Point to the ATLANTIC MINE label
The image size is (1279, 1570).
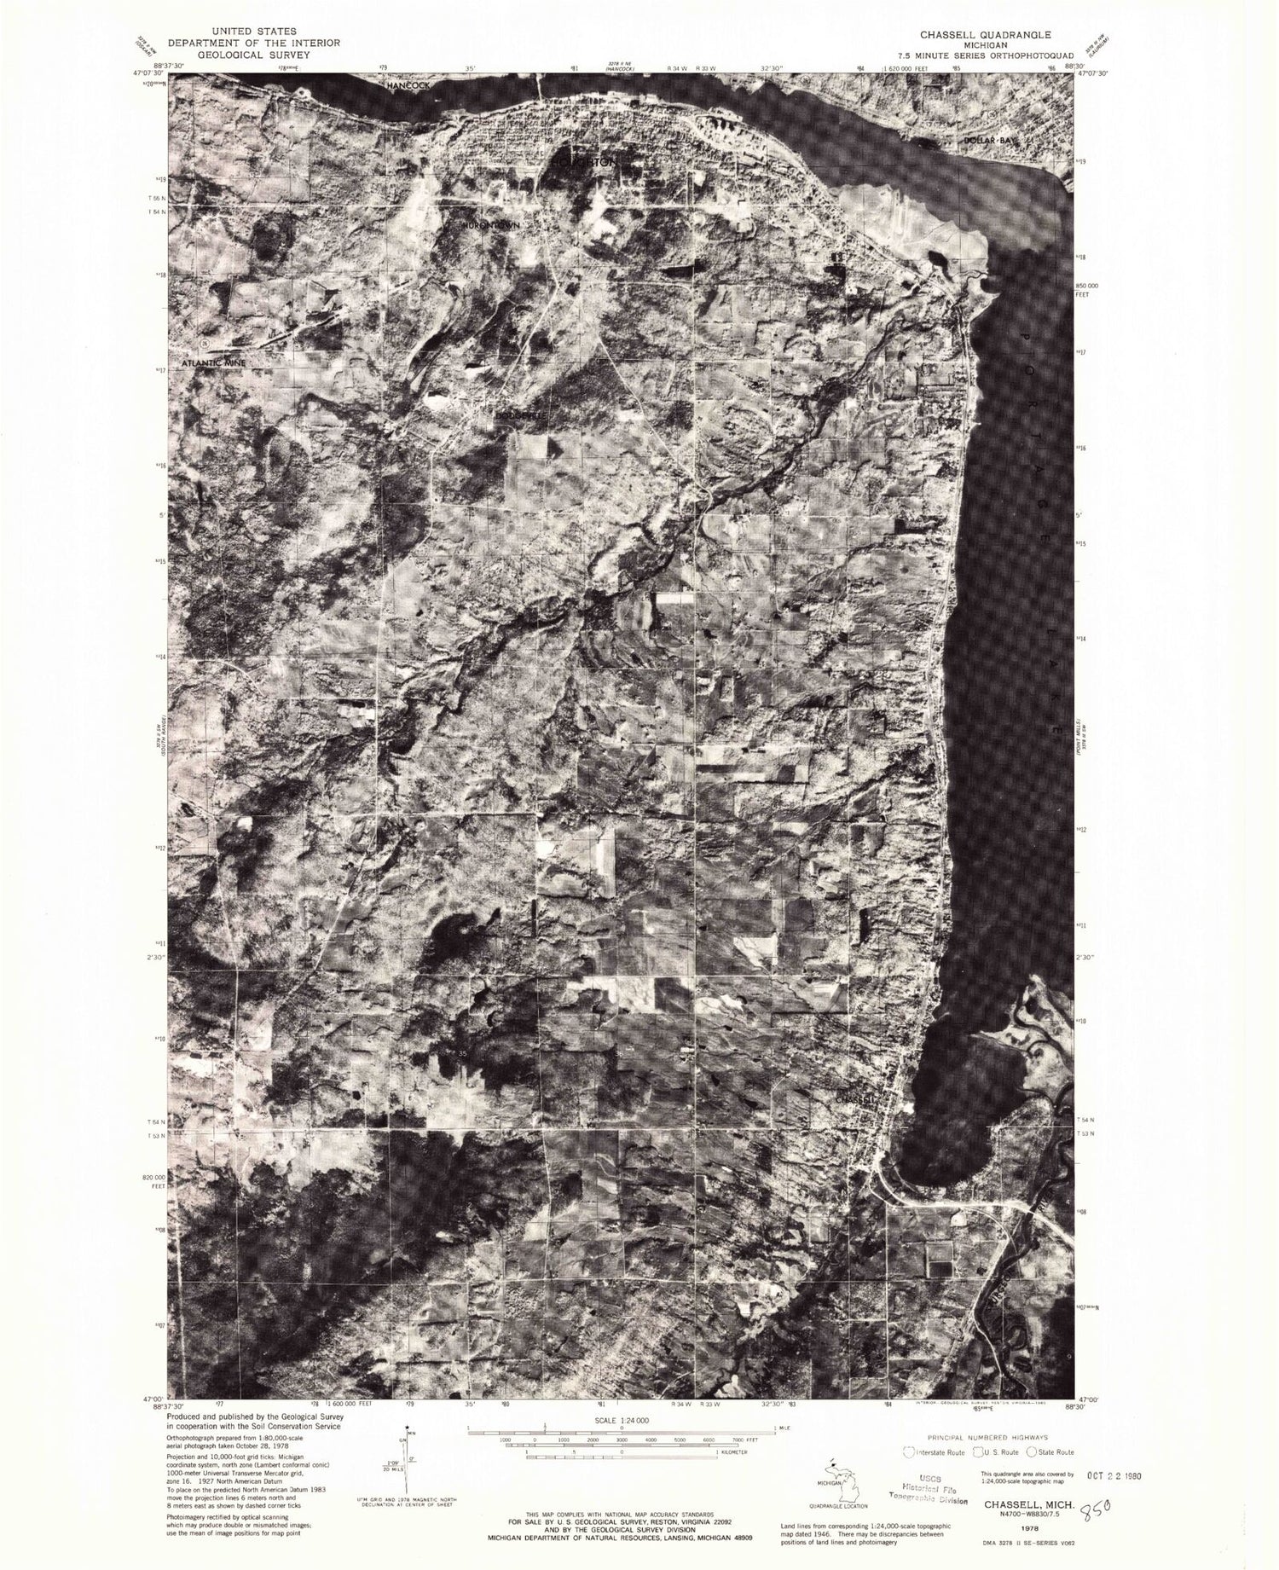point(214,363)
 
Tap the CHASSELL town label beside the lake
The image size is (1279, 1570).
point(855,1100)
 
